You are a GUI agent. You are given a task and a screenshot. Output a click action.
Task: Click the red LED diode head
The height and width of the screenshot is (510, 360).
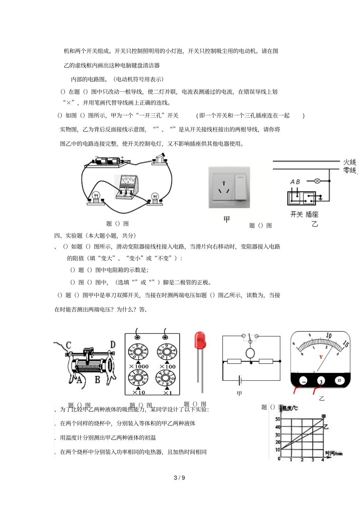pos(200,340)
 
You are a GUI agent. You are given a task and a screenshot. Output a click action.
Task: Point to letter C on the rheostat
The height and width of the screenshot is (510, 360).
pos(69,345)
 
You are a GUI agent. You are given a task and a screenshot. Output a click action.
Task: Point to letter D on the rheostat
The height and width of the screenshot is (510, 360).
pos(113,345)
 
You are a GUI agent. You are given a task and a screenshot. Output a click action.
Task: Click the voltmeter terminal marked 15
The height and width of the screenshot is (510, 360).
pos(339,380)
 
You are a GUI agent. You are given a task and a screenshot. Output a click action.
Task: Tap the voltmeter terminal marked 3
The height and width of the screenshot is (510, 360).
pos(321,381)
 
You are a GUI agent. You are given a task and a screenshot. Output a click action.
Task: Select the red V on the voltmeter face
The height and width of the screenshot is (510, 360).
pos(321,357)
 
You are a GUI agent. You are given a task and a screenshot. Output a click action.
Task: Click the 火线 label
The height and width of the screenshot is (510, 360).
pos(349,162)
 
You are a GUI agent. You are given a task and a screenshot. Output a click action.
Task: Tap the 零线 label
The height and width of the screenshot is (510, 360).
pos(349,171)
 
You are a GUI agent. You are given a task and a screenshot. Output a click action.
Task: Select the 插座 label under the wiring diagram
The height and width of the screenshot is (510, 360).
pos(312,215)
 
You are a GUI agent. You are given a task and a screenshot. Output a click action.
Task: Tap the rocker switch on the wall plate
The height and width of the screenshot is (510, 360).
pos(240,187)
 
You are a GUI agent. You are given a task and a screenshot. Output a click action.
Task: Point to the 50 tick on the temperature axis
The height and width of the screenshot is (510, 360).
pos(278,419)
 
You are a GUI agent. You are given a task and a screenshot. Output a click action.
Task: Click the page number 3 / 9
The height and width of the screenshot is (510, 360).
pos(179,478)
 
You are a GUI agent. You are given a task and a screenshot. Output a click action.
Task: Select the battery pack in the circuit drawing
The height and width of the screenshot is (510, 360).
pos(108,161)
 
